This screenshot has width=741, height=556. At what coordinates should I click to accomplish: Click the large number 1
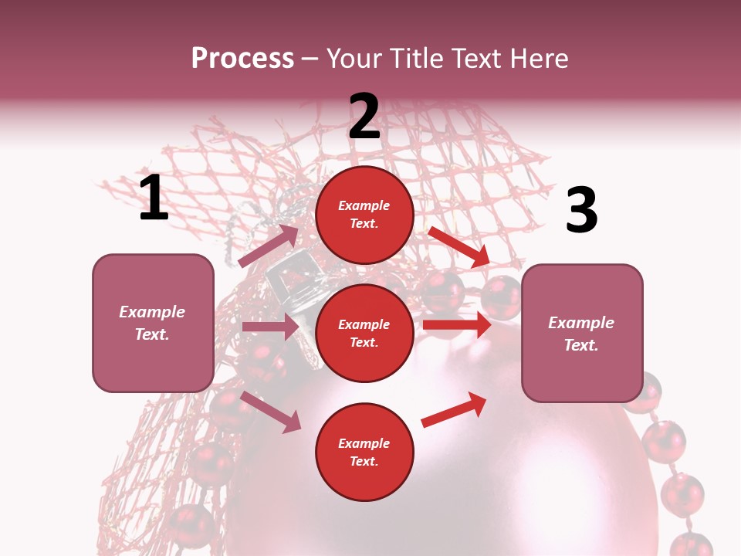154,198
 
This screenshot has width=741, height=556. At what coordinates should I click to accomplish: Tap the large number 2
364,117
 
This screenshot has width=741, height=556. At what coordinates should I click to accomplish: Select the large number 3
581,211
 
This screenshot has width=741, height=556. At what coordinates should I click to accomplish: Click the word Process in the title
242,58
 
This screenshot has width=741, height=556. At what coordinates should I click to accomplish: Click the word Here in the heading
538,58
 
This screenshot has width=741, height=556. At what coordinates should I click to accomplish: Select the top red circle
364,215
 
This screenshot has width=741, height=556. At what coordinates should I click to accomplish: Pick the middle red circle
364,333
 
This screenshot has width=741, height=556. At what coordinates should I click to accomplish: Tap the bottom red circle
364,452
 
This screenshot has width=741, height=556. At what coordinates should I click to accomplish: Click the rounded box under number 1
153,323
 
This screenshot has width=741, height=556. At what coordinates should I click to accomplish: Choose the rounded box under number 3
582,333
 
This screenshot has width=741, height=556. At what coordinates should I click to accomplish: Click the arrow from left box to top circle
269,246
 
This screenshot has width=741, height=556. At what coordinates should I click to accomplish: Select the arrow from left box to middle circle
270,327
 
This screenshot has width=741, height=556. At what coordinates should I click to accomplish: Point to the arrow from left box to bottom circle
271,412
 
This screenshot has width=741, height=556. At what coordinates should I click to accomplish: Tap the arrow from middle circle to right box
457,325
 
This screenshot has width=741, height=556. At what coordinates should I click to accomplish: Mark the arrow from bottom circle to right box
454,409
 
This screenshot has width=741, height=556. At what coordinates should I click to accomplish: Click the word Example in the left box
152,312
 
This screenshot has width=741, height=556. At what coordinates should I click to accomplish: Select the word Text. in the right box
581,345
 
